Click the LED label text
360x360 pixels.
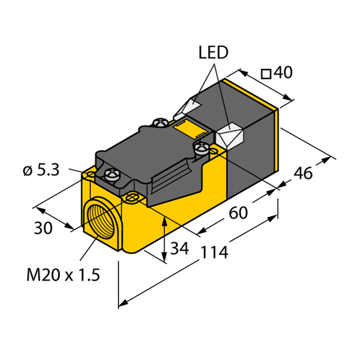click(213, 53)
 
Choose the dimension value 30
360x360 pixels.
click(43, 228)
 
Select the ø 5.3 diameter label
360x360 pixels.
click(41, 171)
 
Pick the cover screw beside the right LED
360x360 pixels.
click(201, 149)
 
